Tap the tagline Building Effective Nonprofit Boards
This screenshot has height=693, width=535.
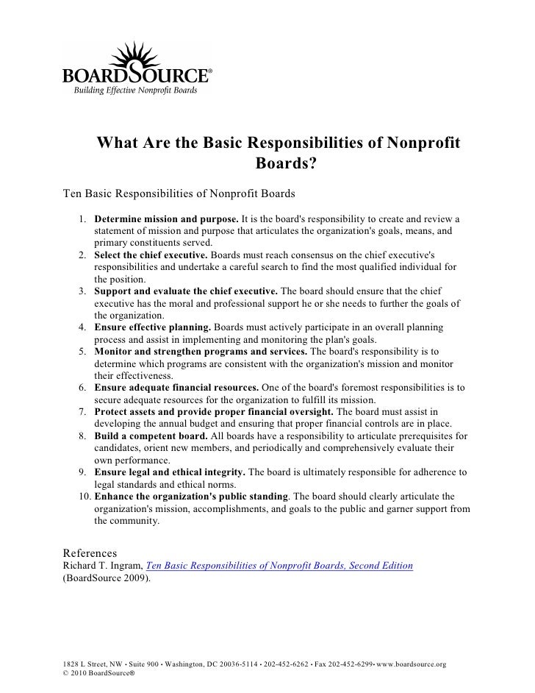point(134,90)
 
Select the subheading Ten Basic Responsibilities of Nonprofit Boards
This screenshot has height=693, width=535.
point(179,194)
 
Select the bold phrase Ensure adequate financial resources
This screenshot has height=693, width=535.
point(176,386)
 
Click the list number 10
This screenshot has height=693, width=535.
point(84,496)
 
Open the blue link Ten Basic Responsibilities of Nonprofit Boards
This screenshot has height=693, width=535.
point(280,565)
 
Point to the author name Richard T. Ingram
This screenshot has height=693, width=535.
point(103,565)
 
